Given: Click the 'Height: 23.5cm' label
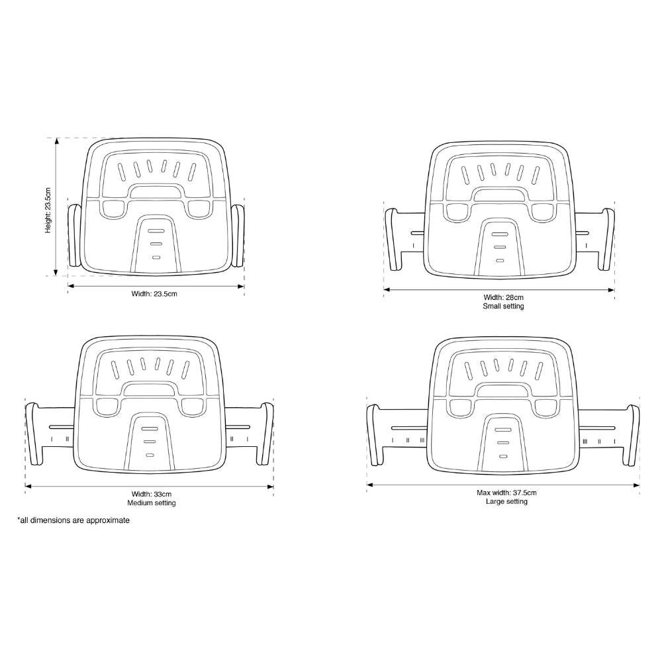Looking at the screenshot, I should [x=48, y=209].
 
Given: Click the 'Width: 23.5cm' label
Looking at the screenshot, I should [x=154, y=293].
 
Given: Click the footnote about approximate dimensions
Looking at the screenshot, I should [x=73, y=521].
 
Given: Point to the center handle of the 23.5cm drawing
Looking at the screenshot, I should [x=157, y=192].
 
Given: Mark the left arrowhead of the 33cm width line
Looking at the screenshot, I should [x=27, y=487].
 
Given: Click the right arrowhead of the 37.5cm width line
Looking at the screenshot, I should [x=637, y=485].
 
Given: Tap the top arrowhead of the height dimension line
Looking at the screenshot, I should [x=57, y=140].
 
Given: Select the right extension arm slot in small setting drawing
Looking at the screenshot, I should [x=581, y=232].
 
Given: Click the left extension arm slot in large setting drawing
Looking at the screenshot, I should [x=408, y=428].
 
